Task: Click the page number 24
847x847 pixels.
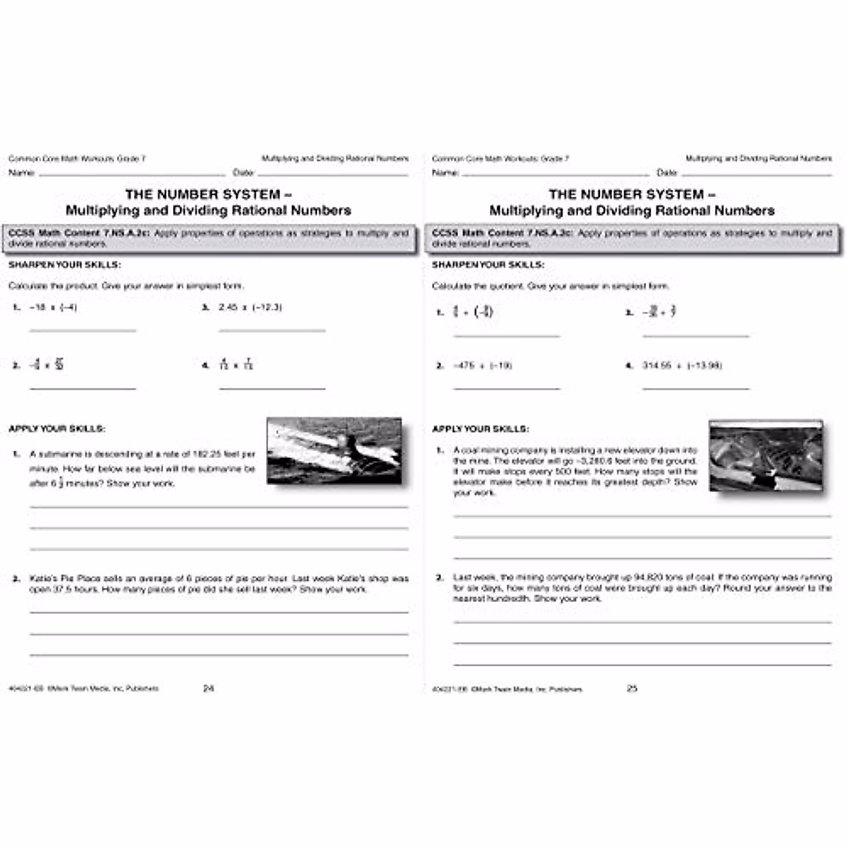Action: tap(208, 688)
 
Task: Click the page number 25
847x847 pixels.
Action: tap(632, 688)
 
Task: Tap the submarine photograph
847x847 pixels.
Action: tap(334, 451)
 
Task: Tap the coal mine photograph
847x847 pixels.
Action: tap(766, 456)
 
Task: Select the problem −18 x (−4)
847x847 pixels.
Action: tap(53, 308)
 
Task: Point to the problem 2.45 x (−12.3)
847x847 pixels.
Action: tap(250, 308)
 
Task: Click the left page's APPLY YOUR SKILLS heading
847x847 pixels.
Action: tap(56, 428)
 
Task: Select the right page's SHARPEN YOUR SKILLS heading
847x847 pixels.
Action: tap(488, 265)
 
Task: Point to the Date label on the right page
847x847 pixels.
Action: tap(667, 173)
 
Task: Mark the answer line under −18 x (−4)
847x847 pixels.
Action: tap(83, 330)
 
